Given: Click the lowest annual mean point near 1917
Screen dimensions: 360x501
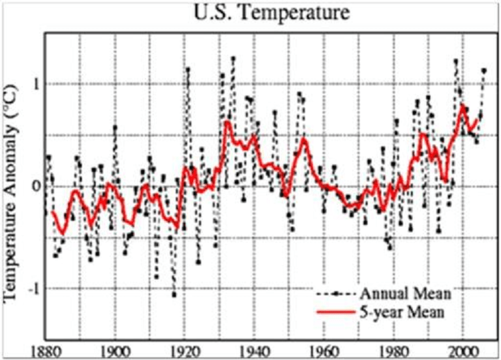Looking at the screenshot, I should (174, 295).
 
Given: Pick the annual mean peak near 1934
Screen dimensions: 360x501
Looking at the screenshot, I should (232, 59).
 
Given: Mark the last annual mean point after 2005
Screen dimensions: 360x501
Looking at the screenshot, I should (483, 70).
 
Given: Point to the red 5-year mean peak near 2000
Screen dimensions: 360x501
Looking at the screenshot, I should (463, 106).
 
